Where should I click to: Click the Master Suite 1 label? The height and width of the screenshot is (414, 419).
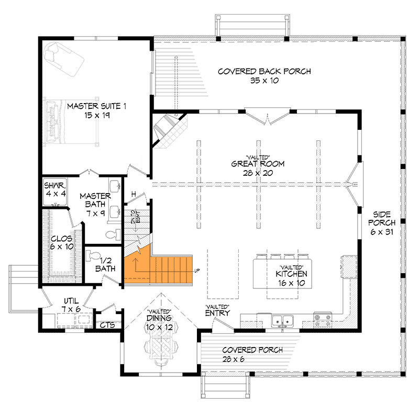(97, 106)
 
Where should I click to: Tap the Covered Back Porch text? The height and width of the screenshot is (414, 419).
(257, 72)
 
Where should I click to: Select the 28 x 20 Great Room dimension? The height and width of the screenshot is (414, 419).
(258, 172)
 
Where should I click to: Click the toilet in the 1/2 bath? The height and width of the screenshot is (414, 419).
(93, 256)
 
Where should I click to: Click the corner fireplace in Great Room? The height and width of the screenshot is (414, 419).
(169, 130)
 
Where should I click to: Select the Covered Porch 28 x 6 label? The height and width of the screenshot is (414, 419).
(252, 354)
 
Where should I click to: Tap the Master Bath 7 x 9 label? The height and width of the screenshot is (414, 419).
(95, 204)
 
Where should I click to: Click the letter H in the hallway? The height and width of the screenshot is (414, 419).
(134, 195)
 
